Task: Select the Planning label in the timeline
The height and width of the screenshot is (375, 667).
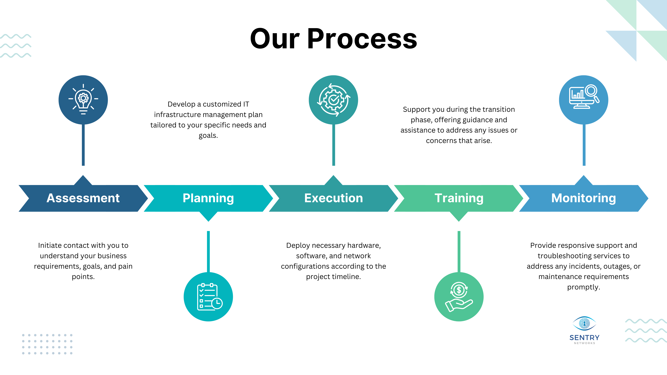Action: pyautogui.click(x=208, y=198)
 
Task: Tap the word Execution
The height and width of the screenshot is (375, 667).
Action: pyautogui.click(x=333, y=198)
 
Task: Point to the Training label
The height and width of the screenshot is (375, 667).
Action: pyautogui.click(x=459, y=198)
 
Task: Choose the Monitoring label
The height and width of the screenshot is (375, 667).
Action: pyautogui.click(x=584, y=198)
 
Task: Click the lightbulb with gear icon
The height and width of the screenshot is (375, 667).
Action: pyautogui.click(x=83, y=100)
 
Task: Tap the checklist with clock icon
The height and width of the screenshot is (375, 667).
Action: pyautogui.click(x=209, y=297)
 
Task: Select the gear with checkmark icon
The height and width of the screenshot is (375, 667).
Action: pyautogui.click(x=333, y=100)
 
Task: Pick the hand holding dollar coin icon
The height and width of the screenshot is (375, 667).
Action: pyautogui.click(x=459, y=297)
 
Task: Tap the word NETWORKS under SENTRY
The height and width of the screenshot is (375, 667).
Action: pyautogui.click(x=584, y=343)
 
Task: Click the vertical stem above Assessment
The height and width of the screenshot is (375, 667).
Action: pyautogui.click(x=83, y=145)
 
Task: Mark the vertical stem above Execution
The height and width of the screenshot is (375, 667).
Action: pyautogui.click(x=333, y=145)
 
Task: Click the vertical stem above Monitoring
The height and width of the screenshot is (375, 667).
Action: pyautogui.click(x=584, y=145)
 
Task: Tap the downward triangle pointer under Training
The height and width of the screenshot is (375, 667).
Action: pyautogui.click(x=459, y=216)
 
